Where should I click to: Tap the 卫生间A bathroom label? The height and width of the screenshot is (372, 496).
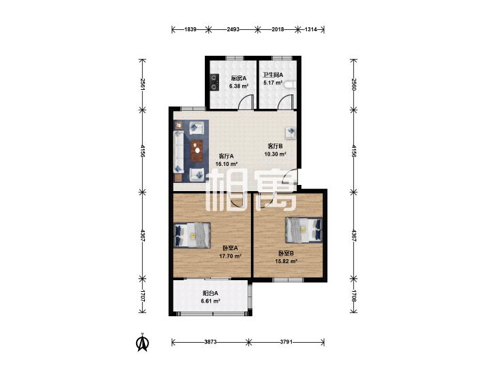point(273,75)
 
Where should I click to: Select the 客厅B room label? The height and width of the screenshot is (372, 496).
point(275,146)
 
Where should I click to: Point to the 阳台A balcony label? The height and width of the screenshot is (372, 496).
point(210,293)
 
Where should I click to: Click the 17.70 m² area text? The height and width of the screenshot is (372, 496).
point(230,256)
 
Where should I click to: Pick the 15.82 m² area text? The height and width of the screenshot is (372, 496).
point(286,261)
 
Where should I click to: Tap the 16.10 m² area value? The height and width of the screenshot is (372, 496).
point(227,164)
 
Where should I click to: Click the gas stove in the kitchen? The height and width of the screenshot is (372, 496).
point(214,82)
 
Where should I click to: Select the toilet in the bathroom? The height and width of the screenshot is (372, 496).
point(290,85)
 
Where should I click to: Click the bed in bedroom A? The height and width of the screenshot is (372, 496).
point(193,235)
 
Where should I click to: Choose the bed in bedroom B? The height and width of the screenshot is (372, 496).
point(303,230)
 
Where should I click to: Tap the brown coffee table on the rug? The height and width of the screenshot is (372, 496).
point(197,150)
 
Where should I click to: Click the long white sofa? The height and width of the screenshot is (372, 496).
point(178,152)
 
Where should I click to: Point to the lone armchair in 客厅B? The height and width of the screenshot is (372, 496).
point(290,133)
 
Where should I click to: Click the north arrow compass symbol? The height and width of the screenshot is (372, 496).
point(143,342)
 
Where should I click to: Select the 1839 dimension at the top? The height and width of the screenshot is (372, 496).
point(191,29)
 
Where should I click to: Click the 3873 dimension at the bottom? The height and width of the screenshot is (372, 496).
point(210,341)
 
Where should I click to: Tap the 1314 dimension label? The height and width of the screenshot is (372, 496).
point(311,29)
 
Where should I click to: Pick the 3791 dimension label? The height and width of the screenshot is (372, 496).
point(286,341)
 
